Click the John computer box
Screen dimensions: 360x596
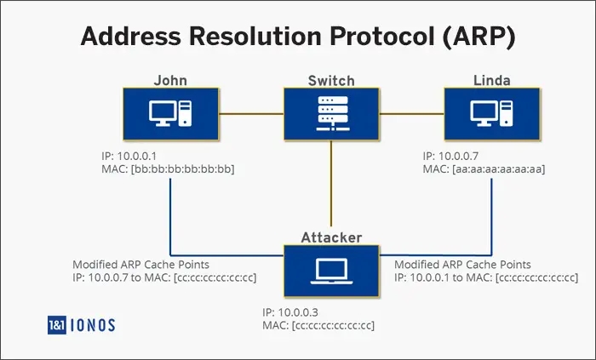[x=172, y=115]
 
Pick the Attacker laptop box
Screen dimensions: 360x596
[x=331, y=270]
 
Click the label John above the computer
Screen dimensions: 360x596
[x=170, y=81]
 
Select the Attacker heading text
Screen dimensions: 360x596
[x=331, y=237]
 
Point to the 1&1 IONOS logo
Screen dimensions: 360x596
[x=82, y=323]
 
